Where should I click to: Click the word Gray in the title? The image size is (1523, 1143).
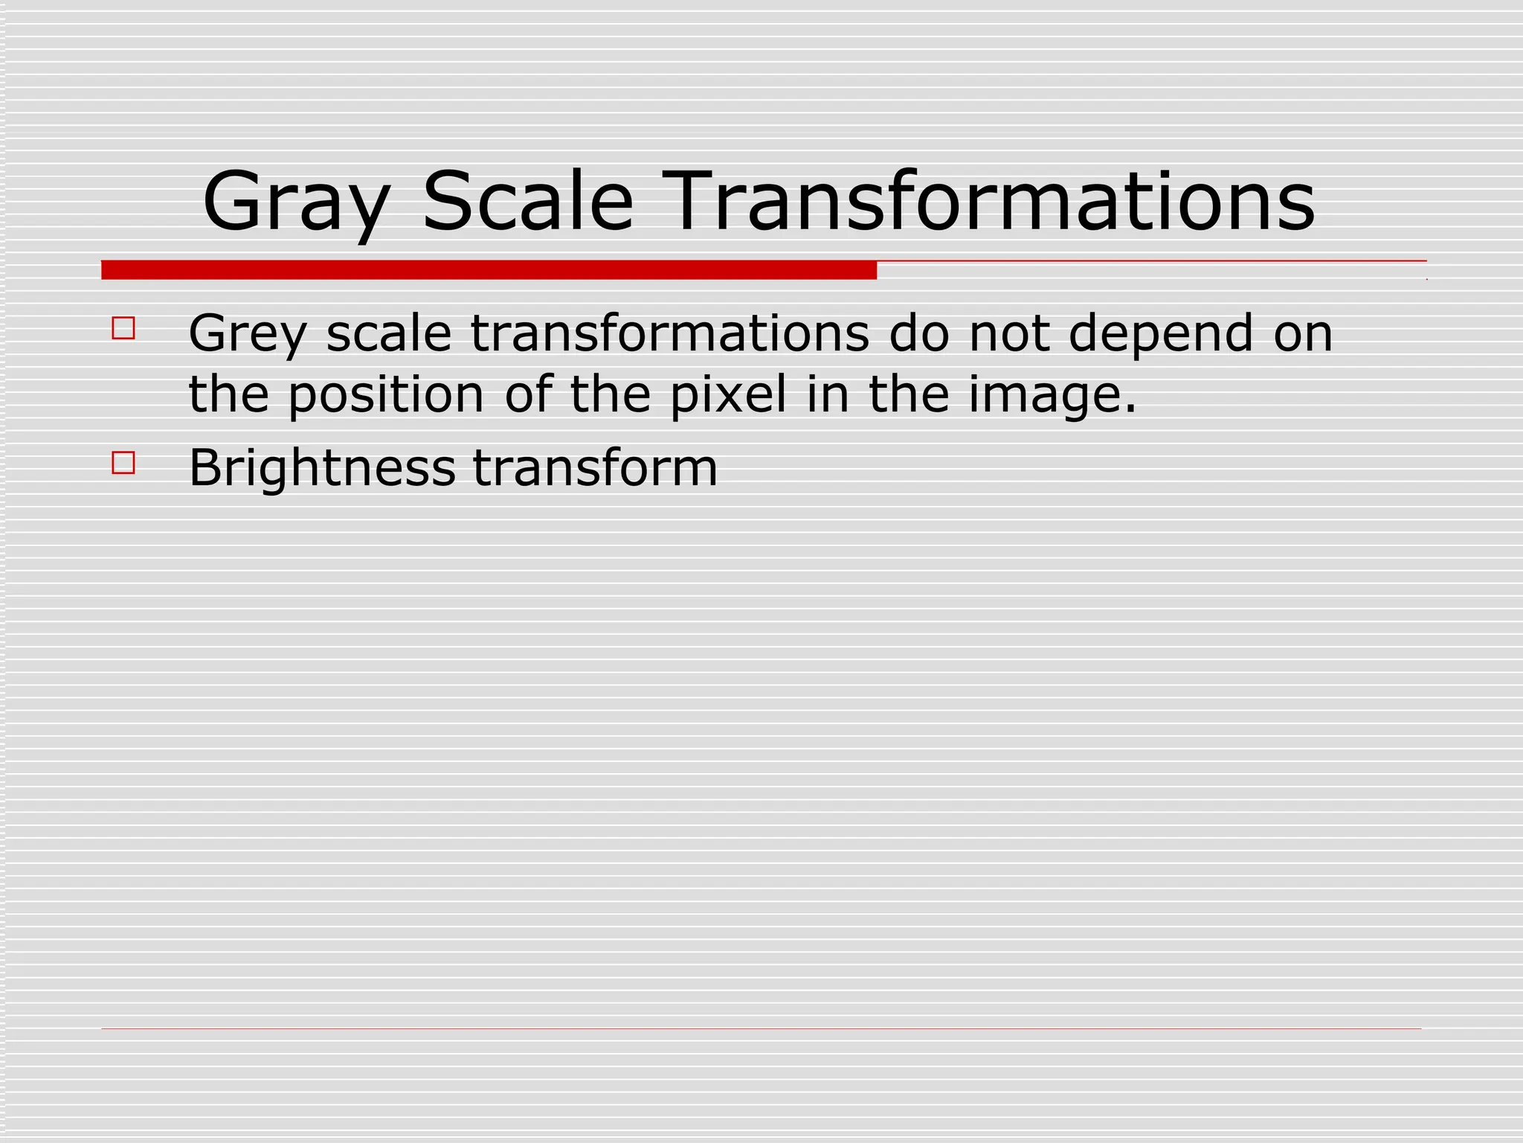pos(295,202)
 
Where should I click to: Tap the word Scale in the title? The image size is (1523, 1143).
pos(528,202)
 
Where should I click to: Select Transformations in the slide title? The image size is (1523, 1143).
pos(993,202)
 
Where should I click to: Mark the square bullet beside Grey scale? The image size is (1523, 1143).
pos(123,329)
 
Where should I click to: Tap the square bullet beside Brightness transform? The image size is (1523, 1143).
pos(123,463)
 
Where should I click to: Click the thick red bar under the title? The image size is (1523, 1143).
pos(489,270)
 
